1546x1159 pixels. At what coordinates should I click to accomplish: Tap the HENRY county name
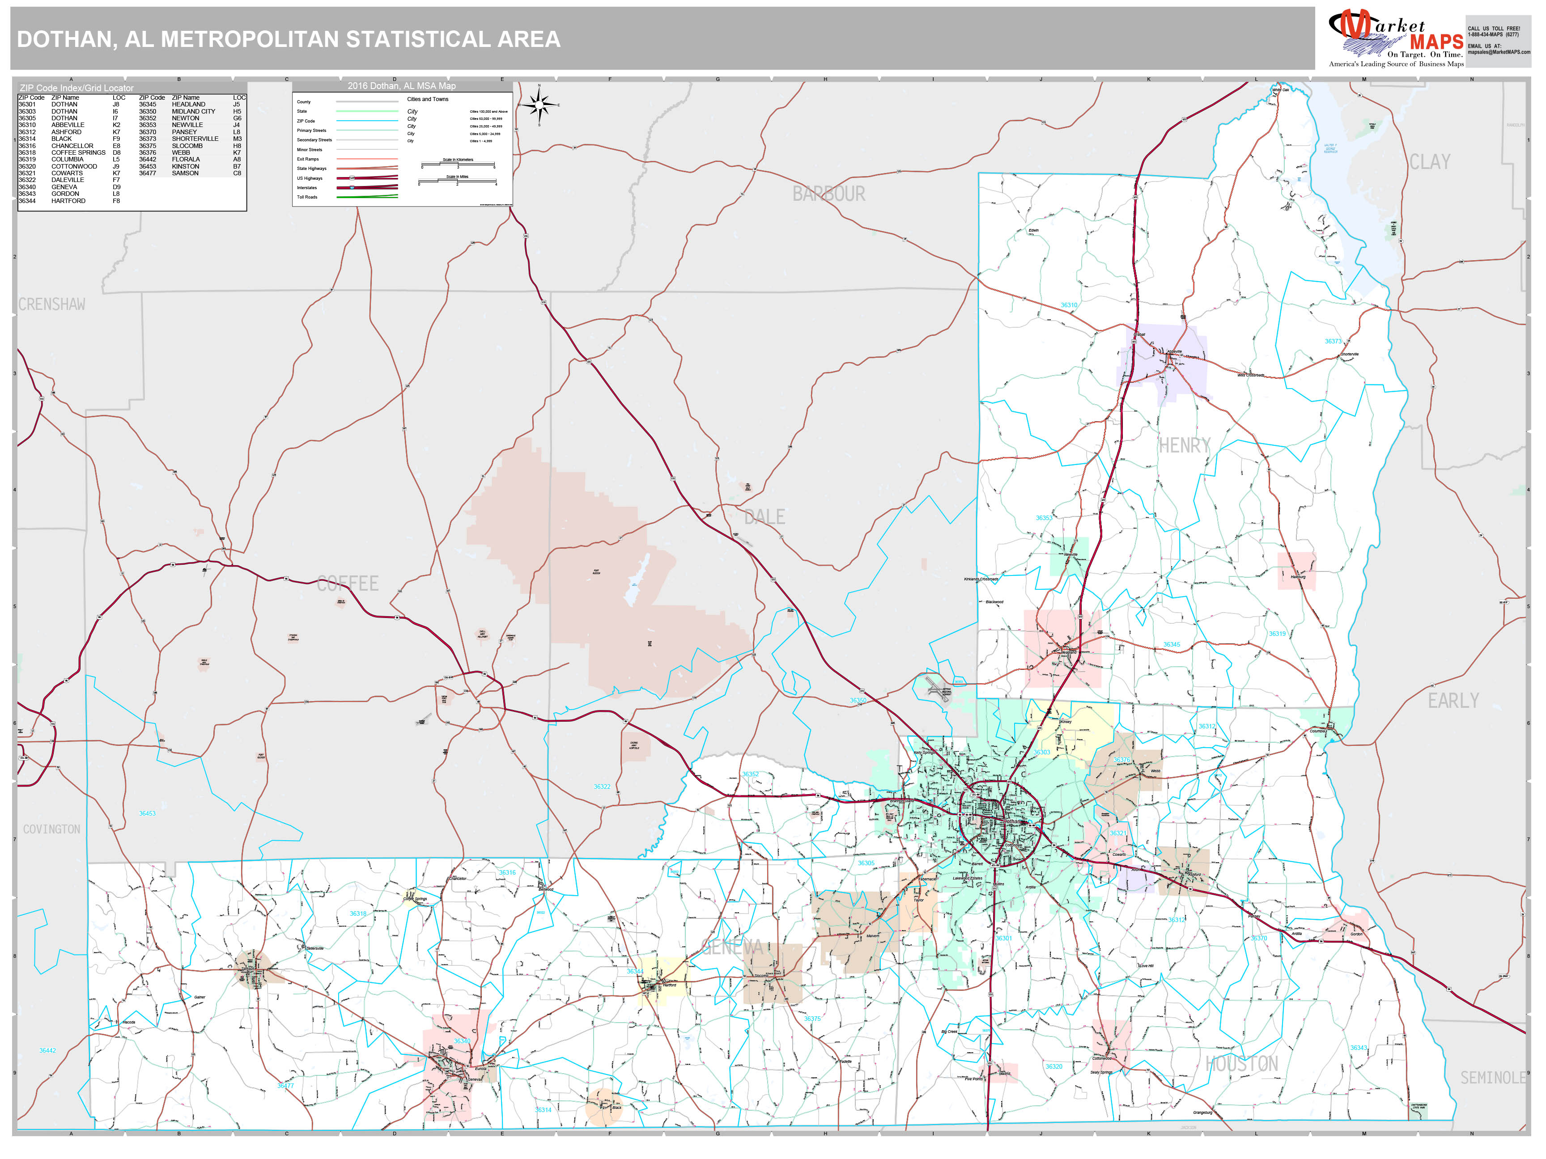coord(1184,445)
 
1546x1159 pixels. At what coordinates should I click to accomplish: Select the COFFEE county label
coord(348,584)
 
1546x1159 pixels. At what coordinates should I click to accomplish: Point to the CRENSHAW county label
coord(52,305)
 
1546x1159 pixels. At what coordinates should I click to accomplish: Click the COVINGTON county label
coord(52,829)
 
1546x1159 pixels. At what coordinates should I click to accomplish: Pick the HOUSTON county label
coord(1241,1064)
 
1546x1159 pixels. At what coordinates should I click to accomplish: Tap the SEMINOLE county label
coord(1492,1078)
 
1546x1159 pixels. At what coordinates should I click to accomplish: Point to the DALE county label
coord(764,517)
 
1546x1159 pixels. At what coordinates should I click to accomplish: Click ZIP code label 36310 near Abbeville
coord(1069,305)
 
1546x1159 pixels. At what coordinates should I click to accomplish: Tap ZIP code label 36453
coord(147,813)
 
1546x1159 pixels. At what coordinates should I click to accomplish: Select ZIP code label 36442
coord(47,1050)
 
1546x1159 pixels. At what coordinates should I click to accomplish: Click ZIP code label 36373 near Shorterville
coord(1333,341)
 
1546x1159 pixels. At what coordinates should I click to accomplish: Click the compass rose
coord(539,106)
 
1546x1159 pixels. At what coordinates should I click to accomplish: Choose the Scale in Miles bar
coord(457,182)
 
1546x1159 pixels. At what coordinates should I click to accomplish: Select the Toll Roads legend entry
coord(307,197)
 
